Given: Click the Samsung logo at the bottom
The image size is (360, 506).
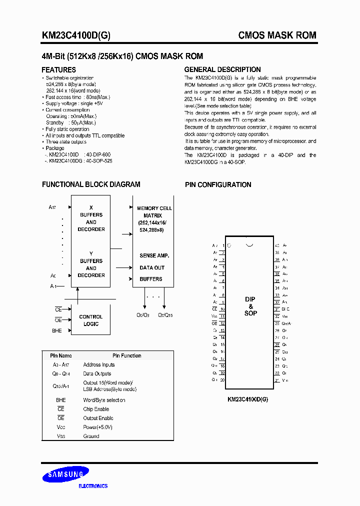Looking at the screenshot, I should coord(65,475).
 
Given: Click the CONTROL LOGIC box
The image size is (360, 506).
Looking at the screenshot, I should coord(91,320).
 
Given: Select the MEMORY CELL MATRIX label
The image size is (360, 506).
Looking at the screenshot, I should coord(154,211).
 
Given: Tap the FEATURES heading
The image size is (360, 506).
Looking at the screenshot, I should coord(58,70).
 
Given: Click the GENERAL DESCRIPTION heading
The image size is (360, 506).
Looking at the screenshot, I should coord(222,69).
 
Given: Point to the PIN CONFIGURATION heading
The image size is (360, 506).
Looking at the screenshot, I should coord(218,184).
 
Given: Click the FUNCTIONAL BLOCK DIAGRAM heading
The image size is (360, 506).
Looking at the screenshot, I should coord(91,184).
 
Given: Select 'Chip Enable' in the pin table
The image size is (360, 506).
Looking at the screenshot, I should coord(96,409).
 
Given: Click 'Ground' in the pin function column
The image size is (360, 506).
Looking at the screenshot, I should coord(91,436).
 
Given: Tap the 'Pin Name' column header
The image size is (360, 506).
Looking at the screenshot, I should coord(61,355).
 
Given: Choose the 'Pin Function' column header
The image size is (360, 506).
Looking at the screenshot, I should coord(126,355).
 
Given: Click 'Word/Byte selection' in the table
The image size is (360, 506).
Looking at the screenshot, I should coord(104,400).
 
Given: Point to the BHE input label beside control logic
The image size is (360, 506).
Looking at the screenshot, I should coord(57,330).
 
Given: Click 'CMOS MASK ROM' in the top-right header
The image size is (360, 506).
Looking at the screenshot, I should coord(277,35).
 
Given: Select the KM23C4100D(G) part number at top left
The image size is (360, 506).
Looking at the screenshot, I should coord(76,35).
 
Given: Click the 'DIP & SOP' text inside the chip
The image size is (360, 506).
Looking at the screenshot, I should coord(250,306).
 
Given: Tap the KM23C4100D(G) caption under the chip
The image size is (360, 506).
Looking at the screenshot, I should coord(247,399).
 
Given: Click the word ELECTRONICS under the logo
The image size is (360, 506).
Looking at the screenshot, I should coord(93,486).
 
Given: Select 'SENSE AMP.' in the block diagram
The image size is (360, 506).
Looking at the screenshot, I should coord(154,255).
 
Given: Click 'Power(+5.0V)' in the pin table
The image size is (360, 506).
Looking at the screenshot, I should coord(97,427).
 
